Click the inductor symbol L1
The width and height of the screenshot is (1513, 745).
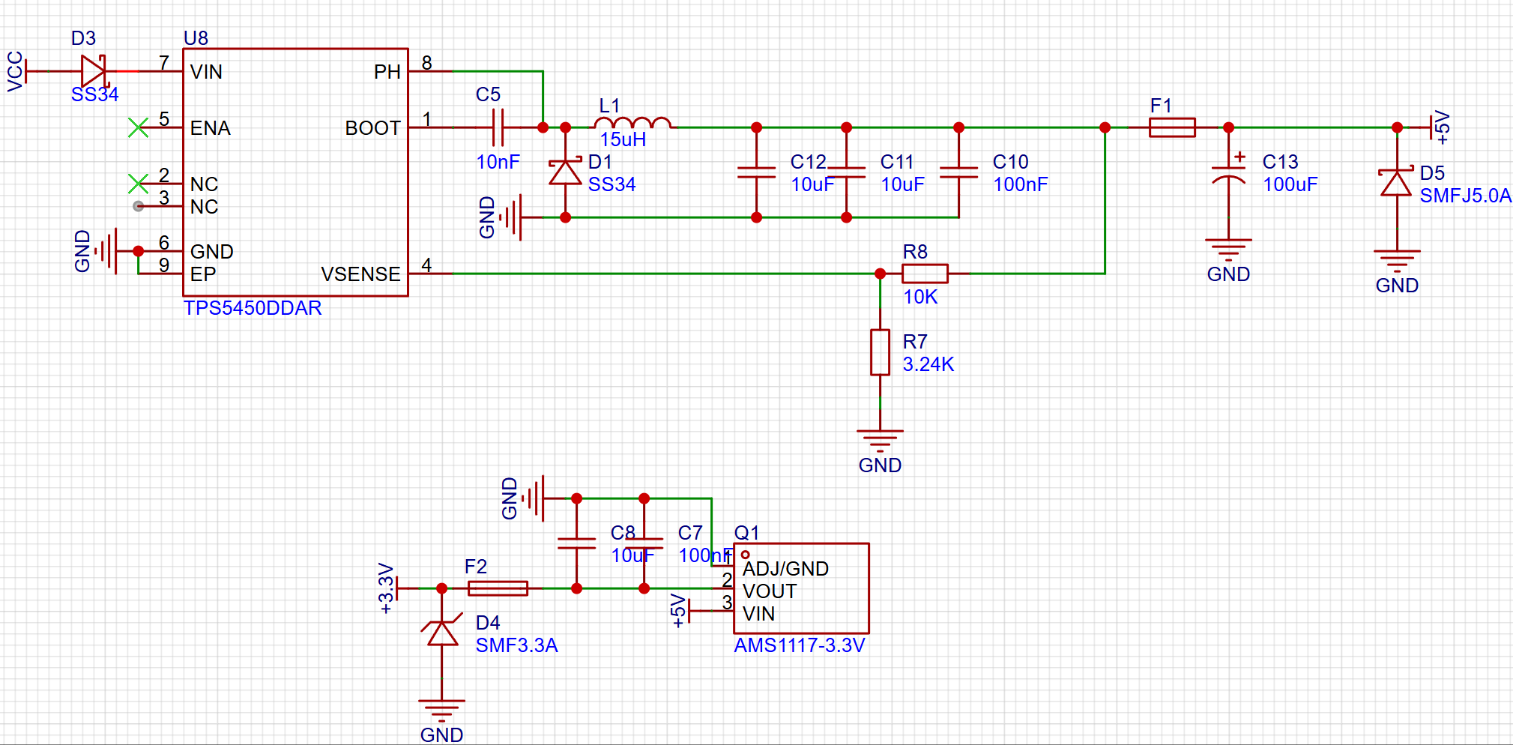pyautogui.click(x=632, y=123)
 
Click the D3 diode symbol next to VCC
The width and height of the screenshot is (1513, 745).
pyautogui.click(x=94, y=71)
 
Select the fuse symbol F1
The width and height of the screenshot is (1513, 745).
pyautogui.click(x=1172, y=127)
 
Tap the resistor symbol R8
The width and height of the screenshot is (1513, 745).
pyautogui.click(x=925, y=274)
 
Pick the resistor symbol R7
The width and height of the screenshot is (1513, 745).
pyautogui.click(x=880, y=352)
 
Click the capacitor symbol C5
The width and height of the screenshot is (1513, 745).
pyautogui.click(x=498, y=127)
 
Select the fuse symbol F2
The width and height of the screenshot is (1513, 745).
pyautogui.click(x=498, y=588)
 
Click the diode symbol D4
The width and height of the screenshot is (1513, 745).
pyautogui.click(x=442, y=632)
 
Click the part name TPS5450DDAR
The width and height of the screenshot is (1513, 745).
pyautogui.click(x=253, y=308)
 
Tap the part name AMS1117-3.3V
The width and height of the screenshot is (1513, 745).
pyautogui.click(x=799, y=645)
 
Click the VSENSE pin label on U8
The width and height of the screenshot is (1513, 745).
pyautogui.click(x=360, y=274)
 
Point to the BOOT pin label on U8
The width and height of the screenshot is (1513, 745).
pyautogui.click(x=372, y=128)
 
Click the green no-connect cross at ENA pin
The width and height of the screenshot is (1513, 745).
pyautogui.click(x=138, y=127)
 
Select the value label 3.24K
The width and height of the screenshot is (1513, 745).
pyautogui.click(x=928, y=364)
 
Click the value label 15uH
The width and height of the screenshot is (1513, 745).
pyautogui.click(x=623, y=139)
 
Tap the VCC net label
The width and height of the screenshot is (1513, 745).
pyautogui.click(x=15, y=71)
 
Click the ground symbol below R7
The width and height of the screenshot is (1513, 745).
pyautogui.click(x=880, y=441)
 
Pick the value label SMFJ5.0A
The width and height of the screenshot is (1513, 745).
pyautogui.click(x=1465, y=196)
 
